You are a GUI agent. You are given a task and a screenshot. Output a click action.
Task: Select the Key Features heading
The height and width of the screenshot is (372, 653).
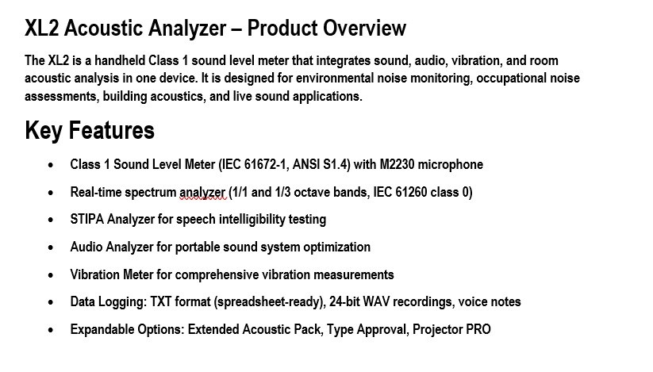click(90, 131)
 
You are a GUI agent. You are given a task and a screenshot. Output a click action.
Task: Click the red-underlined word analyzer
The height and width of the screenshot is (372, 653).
click(202, 193)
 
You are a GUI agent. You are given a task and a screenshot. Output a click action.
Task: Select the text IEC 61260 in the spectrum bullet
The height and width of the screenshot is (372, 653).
click(400, 192)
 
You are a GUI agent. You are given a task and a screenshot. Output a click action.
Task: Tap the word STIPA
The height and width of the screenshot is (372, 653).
click(87, 219)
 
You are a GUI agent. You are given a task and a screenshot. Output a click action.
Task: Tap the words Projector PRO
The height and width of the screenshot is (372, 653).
click(451, 329)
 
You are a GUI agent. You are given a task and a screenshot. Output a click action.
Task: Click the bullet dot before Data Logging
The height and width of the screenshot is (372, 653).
click(51, 303)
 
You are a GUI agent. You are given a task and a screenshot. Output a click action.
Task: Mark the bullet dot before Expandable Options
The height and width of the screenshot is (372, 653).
click(51, 331)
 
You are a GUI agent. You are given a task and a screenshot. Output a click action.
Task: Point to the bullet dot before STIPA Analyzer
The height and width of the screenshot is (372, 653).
click(51, 221)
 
